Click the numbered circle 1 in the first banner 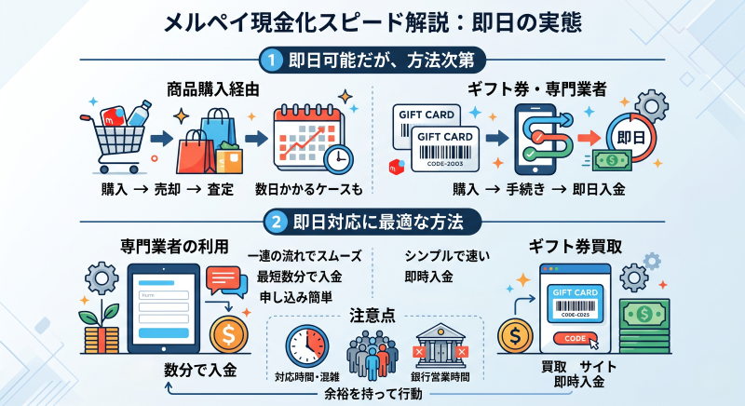[x=274, y=60]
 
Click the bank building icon [x=440, y=345]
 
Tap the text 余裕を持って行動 [x=372, y=394]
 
